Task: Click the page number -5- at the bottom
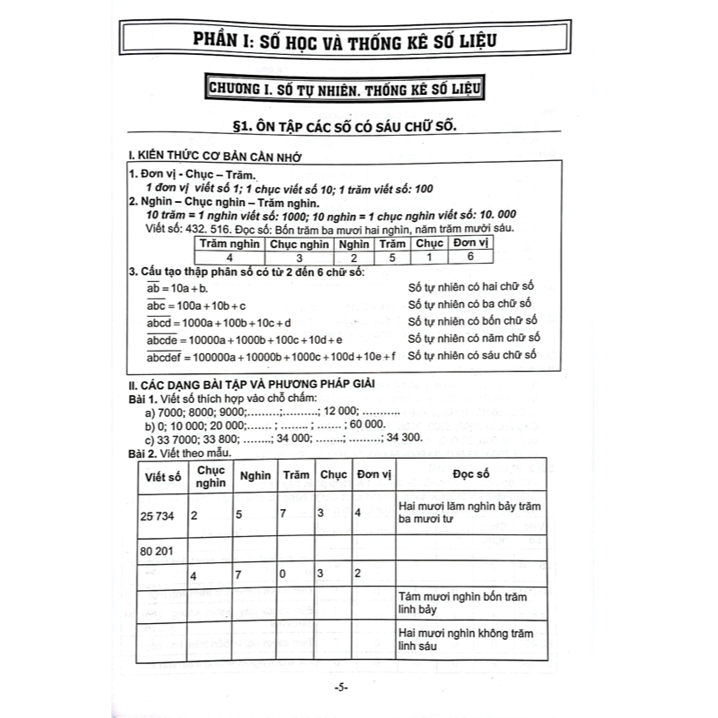[x=340, y=688]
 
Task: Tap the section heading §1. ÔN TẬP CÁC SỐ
[x=350, y=127]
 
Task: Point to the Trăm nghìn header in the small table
[x=229, y=245]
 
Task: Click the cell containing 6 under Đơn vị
[x=471, y=258]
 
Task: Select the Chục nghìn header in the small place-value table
[x=299, y=245]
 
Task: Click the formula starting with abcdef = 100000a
[x=271, y=356]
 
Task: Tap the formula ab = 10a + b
[x=178, y=288]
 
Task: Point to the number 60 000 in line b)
[x=365, y=425]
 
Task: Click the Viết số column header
[x=164, y=476]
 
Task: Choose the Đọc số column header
[x=472, y=475]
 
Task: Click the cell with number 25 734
[x=158, y=515]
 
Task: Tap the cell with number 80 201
[x=158, y=551]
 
